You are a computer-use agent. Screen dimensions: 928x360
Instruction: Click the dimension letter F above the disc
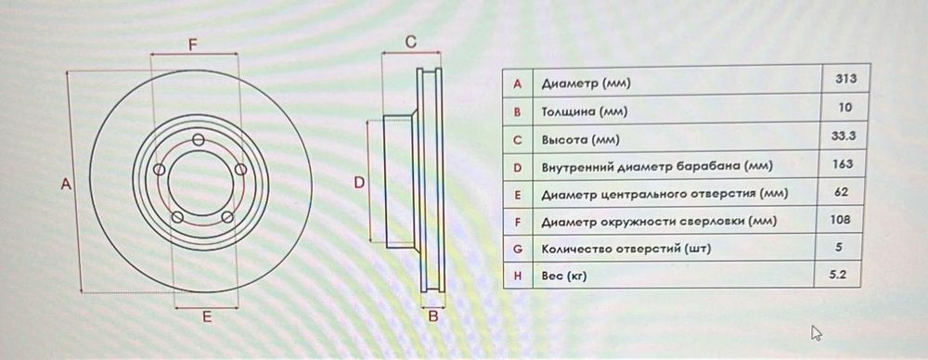(193, 44)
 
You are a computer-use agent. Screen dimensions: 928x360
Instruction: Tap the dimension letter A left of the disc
(66, 184)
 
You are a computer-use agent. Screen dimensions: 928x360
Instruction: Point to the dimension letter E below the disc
(207, 316)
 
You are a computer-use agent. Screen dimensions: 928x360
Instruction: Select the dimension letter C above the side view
(411, 43)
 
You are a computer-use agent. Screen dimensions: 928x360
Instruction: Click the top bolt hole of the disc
(197, 139)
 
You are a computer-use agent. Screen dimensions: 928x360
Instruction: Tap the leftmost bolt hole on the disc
(159, 171)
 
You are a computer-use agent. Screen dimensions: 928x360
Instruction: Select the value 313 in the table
(845, 80)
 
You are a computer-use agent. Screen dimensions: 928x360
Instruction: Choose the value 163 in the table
(844, 164)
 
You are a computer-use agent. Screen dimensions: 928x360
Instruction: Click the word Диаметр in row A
(570, 84)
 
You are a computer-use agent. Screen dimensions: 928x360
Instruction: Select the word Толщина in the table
(569, 112)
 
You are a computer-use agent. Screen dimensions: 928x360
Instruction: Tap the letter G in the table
(518, 249)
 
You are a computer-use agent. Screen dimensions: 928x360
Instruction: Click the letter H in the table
(518, 276)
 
